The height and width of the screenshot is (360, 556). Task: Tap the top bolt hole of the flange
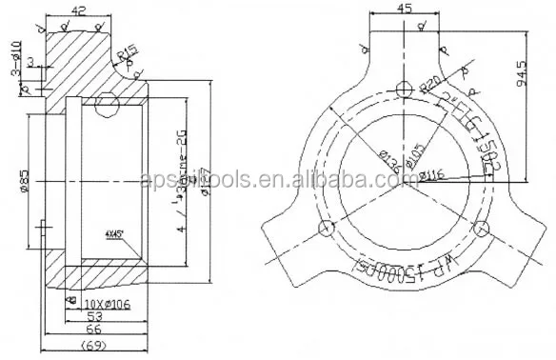(405, 88)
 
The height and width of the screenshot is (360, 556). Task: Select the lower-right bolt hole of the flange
(482, 226)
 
